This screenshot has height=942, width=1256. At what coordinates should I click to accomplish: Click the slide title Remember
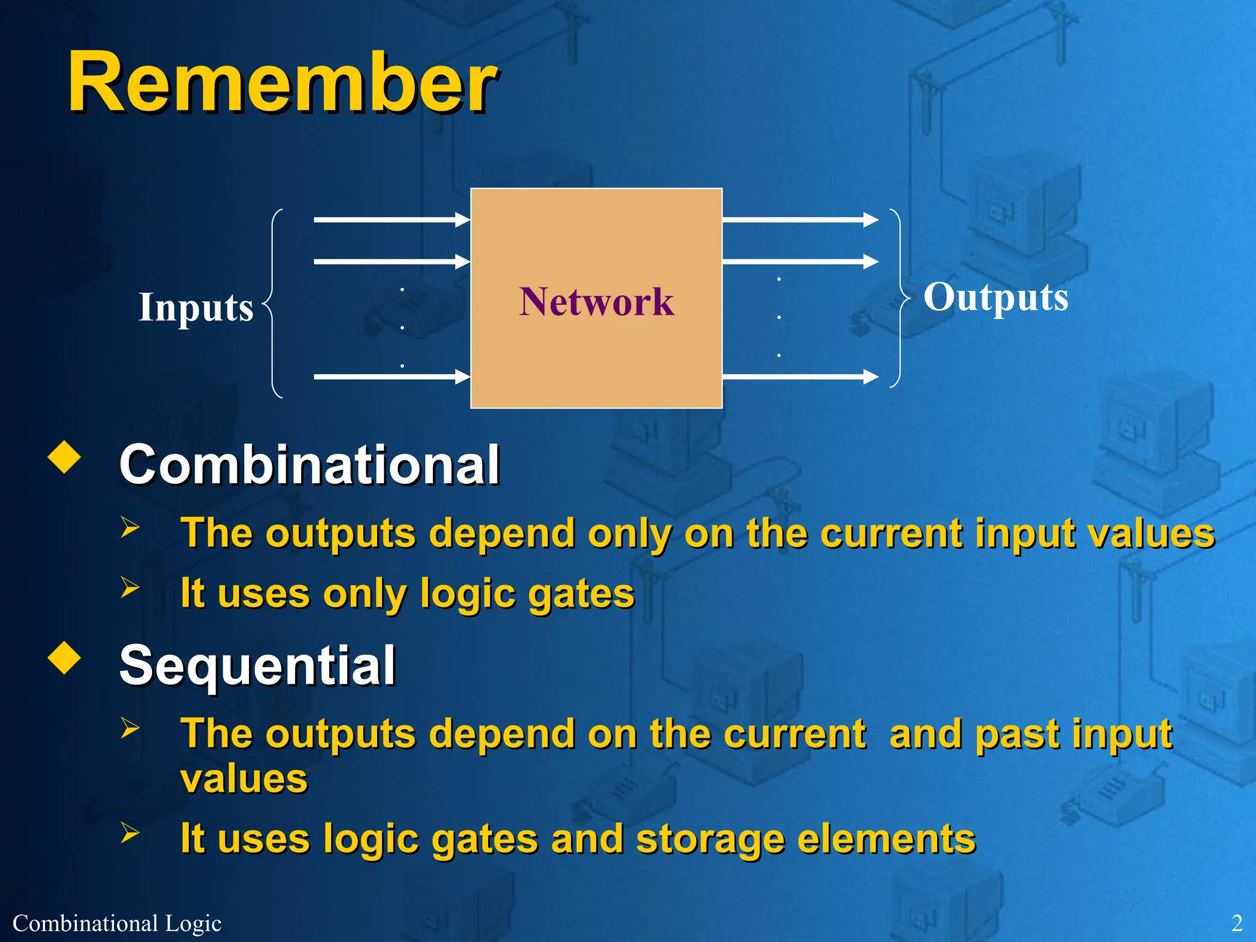[282, 83]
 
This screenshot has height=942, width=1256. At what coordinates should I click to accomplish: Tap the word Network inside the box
[596, 302]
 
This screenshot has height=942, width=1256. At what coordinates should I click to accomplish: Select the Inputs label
[196, 307]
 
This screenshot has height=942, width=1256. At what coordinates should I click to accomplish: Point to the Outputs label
[996, 297]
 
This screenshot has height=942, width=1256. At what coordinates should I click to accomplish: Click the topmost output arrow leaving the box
[800, 219]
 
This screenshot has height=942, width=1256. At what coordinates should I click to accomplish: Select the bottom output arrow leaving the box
[800, 377]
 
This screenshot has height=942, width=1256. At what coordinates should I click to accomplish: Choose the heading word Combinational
[310, 465]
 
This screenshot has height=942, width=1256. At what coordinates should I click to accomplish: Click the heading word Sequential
[258, 666]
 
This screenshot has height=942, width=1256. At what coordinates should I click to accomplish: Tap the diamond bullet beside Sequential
[64, 658]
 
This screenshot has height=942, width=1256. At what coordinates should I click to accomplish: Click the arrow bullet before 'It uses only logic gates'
[130, 587]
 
